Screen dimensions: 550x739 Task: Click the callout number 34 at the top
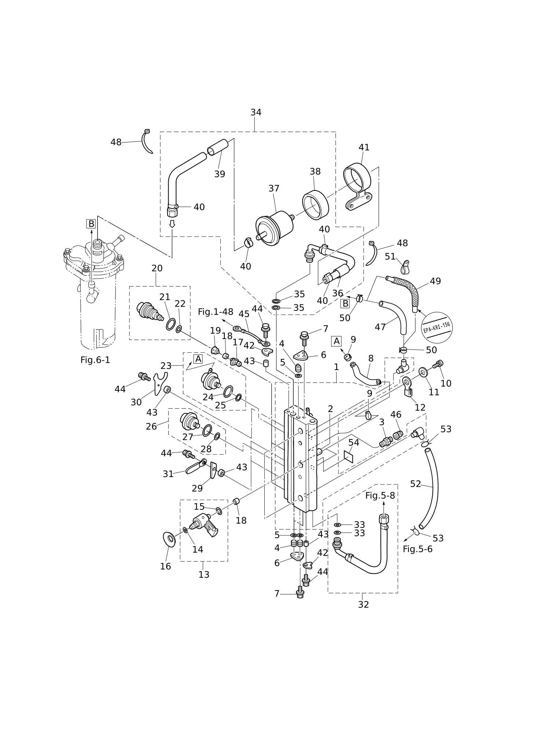[256, 112]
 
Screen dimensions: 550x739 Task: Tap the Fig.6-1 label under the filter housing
[95, 360]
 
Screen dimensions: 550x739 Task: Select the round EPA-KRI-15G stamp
[437, 327]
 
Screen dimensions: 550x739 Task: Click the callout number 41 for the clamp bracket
[364, 147]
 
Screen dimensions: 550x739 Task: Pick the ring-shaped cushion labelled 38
[315, 205]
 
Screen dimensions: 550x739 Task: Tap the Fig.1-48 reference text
[216, 312]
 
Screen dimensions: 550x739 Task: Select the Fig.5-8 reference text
[380, 495]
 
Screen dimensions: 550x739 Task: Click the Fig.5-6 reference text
[418, 549]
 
